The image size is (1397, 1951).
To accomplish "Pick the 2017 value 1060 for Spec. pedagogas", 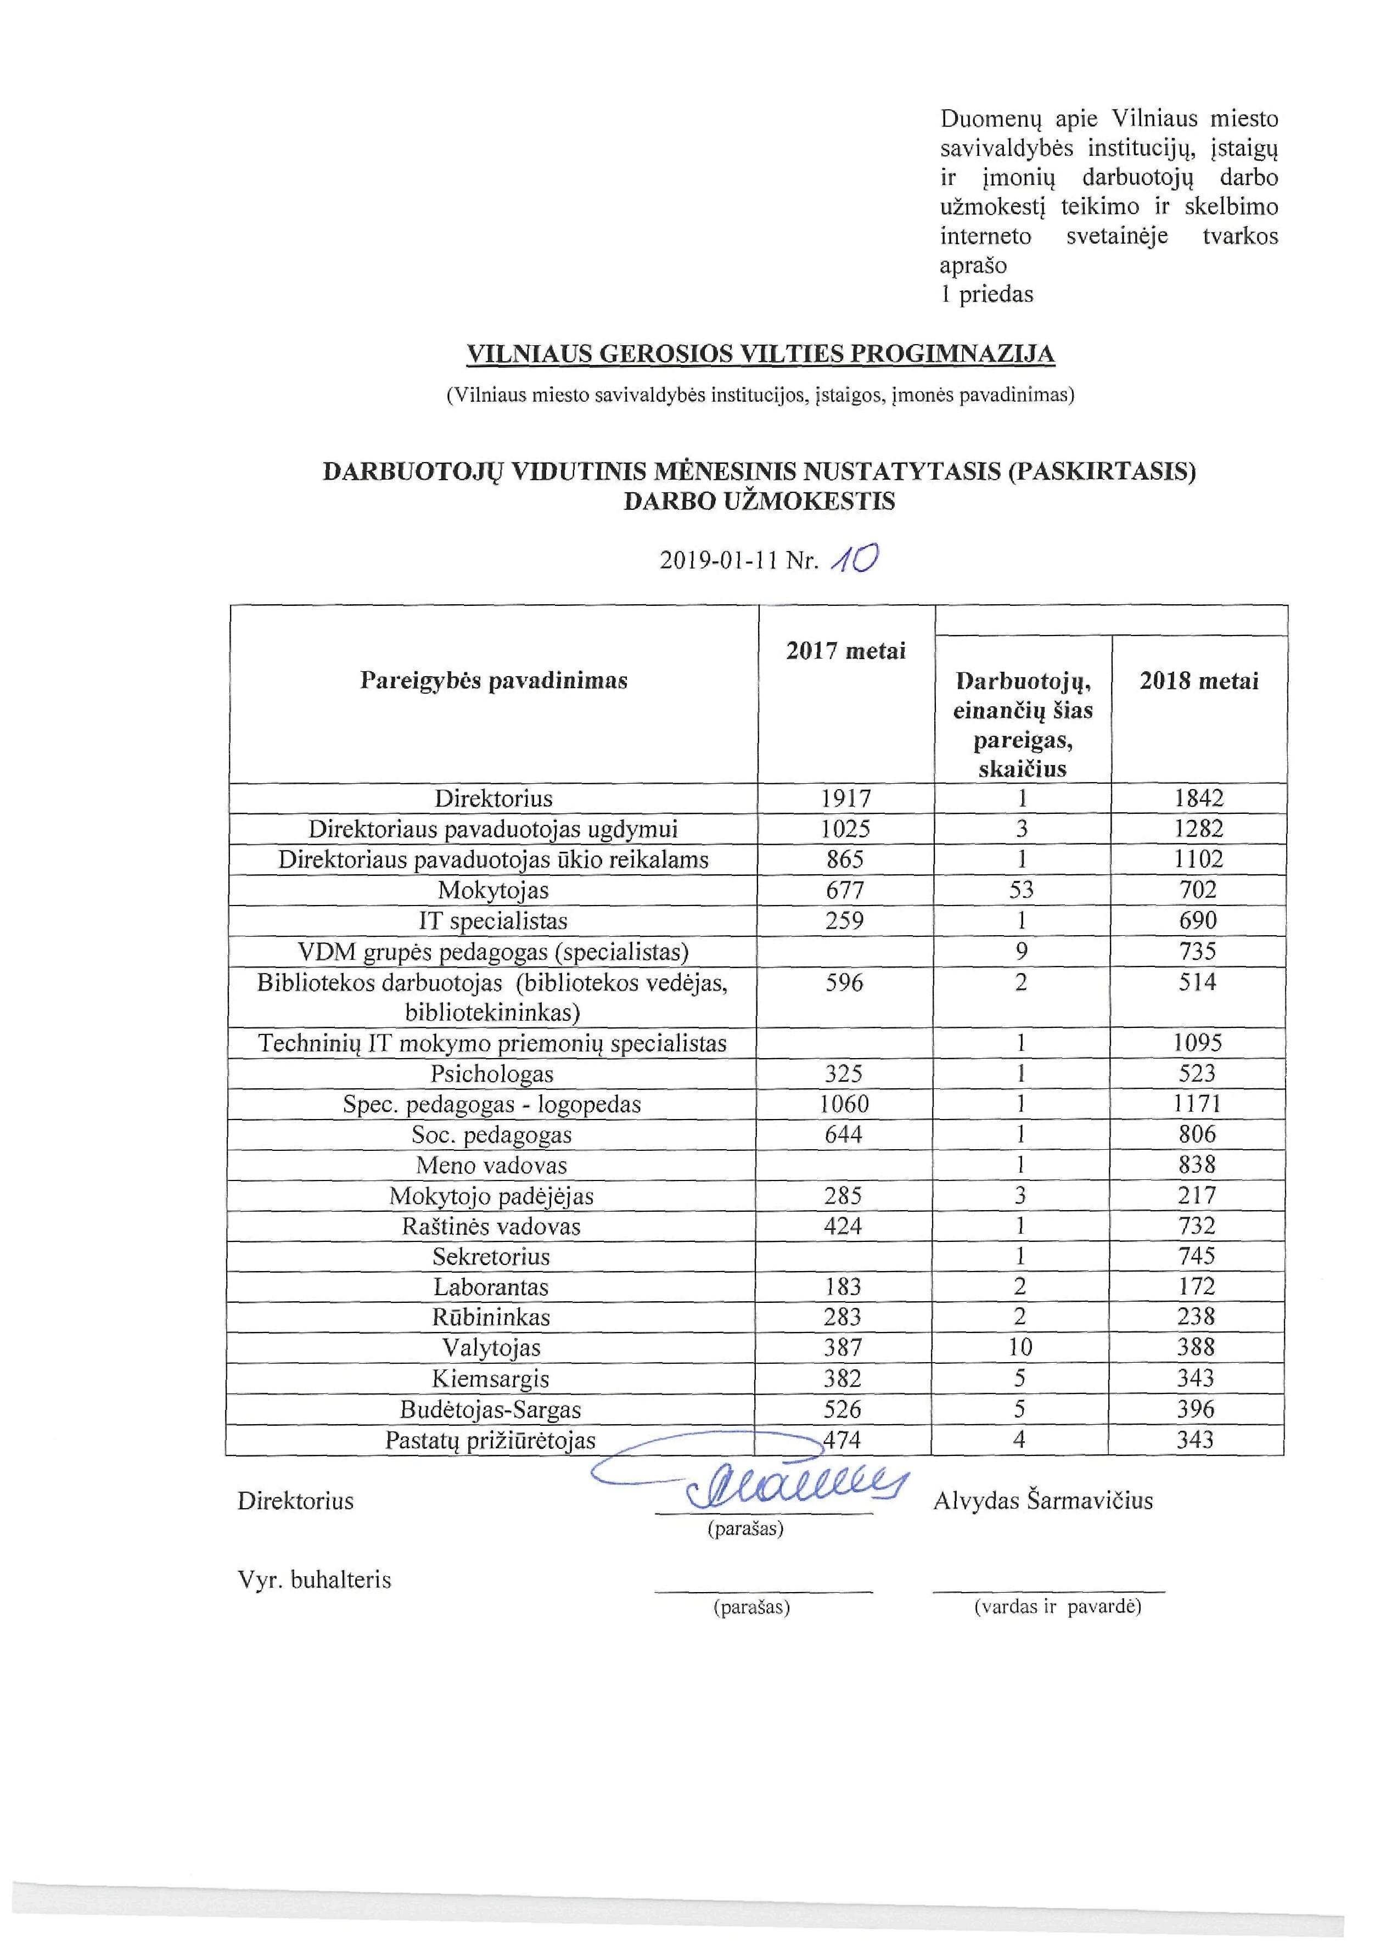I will (x=845, y=1104).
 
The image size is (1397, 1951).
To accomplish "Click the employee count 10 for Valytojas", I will (x=1020, y=1347).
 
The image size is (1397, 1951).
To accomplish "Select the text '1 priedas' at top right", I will (x=986, y=294).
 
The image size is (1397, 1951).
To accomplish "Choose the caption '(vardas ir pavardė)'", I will (x=1057, y=1606).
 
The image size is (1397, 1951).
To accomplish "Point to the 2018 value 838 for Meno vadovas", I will (x=1197, y=1165).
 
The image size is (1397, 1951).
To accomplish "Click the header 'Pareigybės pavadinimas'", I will (x=494, y=681).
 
